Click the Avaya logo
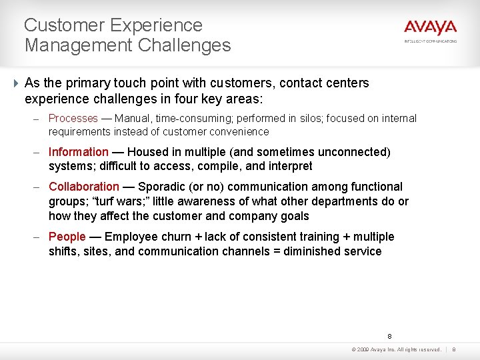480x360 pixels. click(x=430, y=27)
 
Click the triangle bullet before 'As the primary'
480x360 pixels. click(x=15, y=83)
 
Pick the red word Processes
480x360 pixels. click(x=73, y=118)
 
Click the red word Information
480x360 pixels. click(x=78, y=152)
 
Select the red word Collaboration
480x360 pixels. click(x=84, y=187)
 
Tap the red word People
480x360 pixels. click(x=67, y=237)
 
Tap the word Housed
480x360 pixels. click(x=148, y=152)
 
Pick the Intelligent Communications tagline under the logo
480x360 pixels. click(x=430, y=41)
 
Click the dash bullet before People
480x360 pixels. click(x=40, y=237)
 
